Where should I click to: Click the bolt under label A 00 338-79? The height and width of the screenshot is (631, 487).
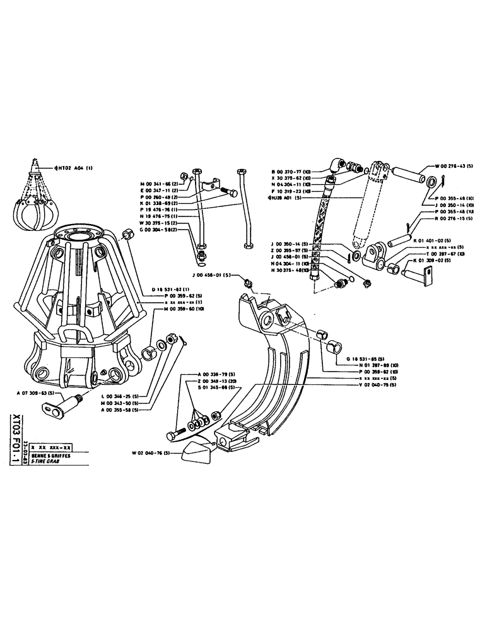click(176, 435)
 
